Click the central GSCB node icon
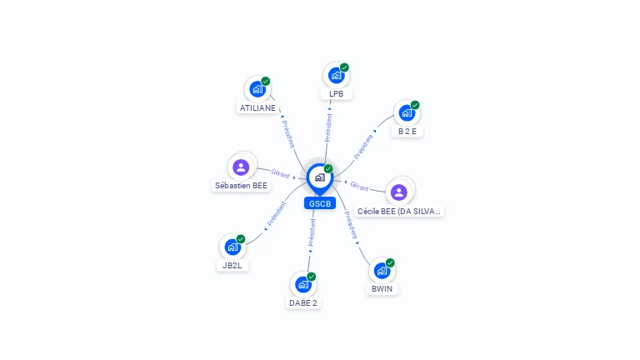click(x=319, y=177)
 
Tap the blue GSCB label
click(x=319, y=203)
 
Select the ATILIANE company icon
click(x=257, y=88)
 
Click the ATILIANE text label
click(x=257, y=108)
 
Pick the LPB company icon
click(x=336, y=75)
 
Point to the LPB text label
click(x=336, y=94)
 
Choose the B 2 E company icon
click(x=407, y=112)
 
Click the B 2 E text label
click(x=407, y=132)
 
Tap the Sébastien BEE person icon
click(x=241, y=167)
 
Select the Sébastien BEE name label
click(x=241, y=186)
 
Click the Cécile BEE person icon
click(x=399, y=192)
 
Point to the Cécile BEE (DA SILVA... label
click(x=399, y=212)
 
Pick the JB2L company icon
click(x=232, y=247)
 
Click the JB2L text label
click(x=232, y=266)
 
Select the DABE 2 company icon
click(x=303, y=284)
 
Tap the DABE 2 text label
click(x=303, y=303)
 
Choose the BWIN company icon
click(x=382, y=271)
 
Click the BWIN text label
click(x=382, y=289)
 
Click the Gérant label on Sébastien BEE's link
click(x=280, y=173)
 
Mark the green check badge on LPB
click(x=344, y=67)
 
